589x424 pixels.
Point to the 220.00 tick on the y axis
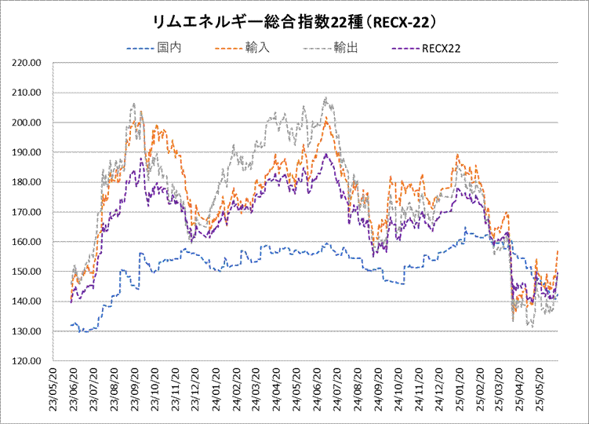[x=27, y=63]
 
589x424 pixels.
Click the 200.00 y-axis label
[x=27, y=122]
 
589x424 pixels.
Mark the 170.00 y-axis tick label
[x=27, y=212]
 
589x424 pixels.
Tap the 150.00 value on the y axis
[x=27, y=272]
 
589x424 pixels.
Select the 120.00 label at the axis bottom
[x=27, y=361]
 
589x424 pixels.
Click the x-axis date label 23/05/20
[x=53, y=389]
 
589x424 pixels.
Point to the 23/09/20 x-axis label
[x=135, y=389]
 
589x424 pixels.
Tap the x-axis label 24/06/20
[x=318, y=389]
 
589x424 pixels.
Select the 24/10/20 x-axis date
[x=398, y=389]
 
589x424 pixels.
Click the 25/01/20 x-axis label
[x=460, y=389]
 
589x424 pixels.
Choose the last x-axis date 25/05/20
[x=541, y=389]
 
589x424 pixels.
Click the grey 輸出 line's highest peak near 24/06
[x=325, y=98]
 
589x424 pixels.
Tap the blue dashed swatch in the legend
[x=140, y=49]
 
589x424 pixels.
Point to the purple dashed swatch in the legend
[x=405, y=49]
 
